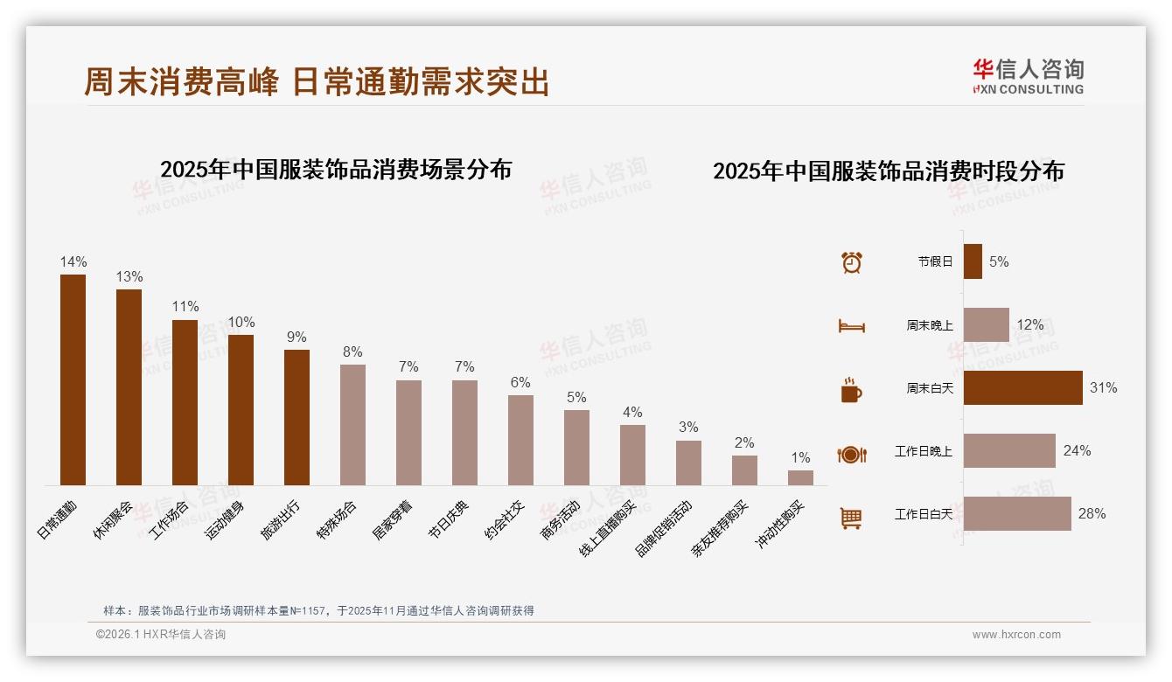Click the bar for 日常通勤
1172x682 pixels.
tap(73, 379)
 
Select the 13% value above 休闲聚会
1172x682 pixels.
tap(129, 277)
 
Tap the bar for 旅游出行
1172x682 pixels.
tap(296, 417)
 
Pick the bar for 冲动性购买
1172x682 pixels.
tap(800, 477)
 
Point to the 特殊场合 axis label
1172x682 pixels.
tap(337, 520)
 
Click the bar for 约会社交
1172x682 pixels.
tap(520, 440)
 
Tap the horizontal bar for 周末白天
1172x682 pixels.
tap(1022, 387)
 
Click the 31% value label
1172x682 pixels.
tap(1103, 387)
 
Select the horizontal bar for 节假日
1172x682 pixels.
tap(973, 261)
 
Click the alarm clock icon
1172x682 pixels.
tap(851, 261)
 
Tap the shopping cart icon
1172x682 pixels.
tap(851, 518)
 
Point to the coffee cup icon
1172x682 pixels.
tap(851, 390)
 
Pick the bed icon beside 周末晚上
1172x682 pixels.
tap(851, 326)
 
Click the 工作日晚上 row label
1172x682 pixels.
tap(924, 451)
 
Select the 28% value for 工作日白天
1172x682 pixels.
tap(1092, 514)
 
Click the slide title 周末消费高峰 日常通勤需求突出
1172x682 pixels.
tap(317, 82)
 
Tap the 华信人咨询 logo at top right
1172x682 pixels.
tap(1028, 77)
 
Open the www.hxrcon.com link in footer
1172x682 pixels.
tap(1016, 635)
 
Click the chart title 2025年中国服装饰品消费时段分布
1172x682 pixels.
tap(888, 171)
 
